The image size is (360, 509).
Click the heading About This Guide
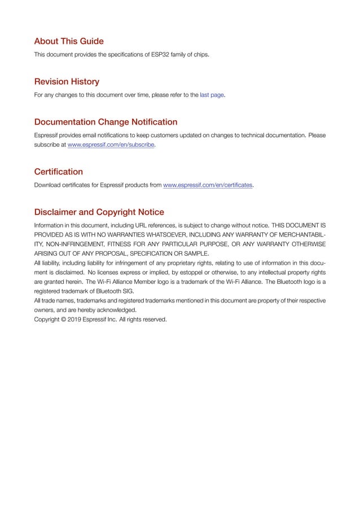tap(69, 41)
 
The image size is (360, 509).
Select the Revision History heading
tap(67, 82)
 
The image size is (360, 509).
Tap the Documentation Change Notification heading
tap(106, 122)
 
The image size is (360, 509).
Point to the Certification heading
tap(58, 172)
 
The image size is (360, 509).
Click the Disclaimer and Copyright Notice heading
tap(99, 213)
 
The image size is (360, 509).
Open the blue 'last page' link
tap(212, 95)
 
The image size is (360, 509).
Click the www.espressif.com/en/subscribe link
tap(111, 145)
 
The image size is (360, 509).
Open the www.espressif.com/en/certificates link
tap(207, 185)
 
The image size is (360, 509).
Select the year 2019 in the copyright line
tap(77, 319)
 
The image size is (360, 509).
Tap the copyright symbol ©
tap(64, 319)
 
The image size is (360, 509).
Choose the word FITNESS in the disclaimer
tap(121, 244)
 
